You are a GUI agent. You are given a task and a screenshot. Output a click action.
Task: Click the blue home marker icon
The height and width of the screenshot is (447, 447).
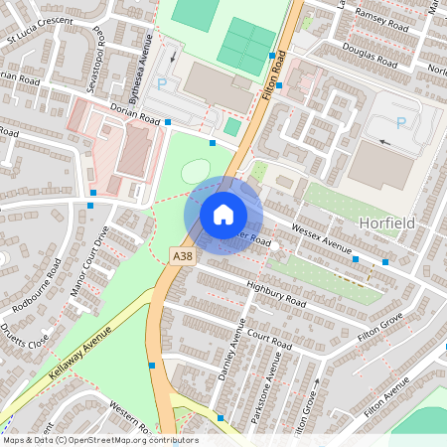[x=223, y=215]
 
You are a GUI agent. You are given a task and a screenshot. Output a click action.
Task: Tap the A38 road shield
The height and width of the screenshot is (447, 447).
[x=181, y=255]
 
